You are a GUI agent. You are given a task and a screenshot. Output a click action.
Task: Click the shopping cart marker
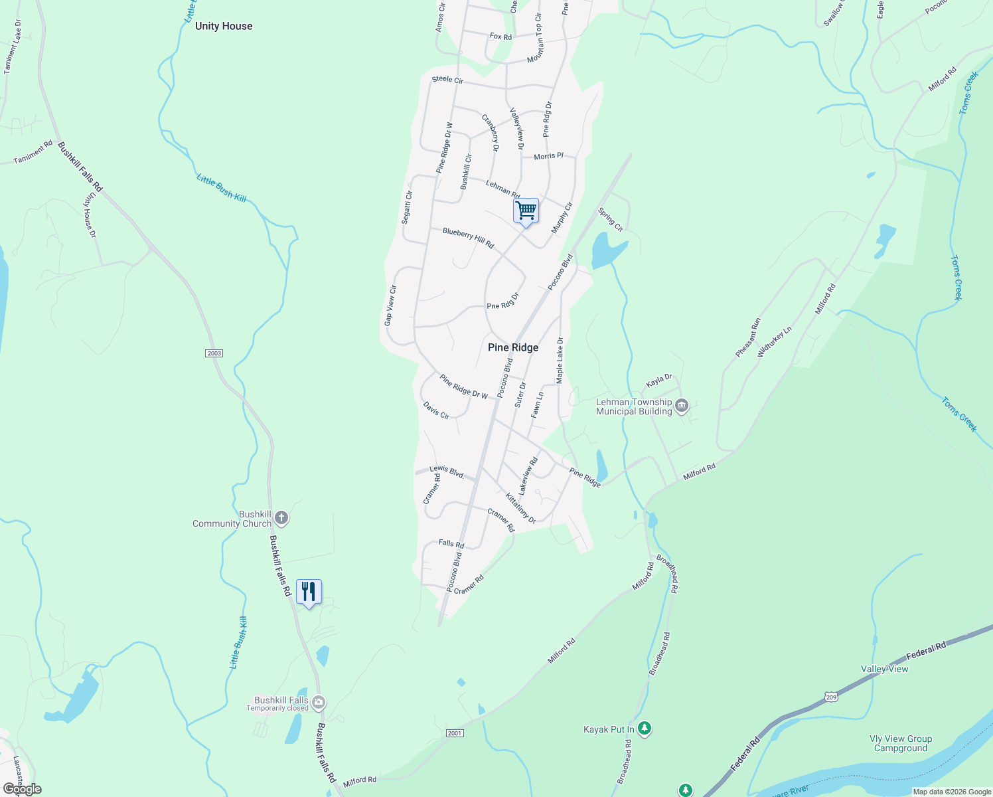click(x=526, y=211)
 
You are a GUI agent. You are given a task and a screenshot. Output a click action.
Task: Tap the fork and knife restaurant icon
click(x=309, y=591)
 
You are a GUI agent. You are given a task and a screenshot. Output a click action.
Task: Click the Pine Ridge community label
click(x=513, y=347)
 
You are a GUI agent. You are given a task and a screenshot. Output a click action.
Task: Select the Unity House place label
click(x=224, y=26)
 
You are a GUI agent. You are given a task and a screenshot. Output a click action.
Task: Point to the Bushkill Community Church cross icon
click(x=281, y=518)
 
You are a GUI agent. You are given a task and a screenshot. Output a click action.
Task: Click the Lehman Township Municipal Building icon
click(x=681, y=406)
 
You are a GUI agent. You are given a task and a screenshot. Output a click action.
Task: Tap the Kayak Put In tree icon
click(x=644, y=729)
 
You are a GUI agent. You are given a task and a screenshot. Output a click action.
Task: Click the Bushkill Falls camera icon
click(x=319, y=702)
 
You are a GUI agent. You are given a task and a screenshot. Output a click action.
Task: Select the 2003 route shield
click(x=214, y=353)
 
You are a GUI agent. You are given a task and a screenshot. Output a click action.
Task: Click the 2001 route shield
click(x=454, y=733)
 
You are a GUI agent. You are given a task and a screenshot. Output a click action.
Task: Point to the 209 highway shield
click(x=831, y=696)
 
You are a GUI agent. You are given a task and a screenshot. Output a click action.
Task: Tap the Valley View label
click(x=884, y=669)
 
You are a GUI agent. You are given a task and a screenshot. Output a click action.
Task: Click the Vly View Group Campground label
click(x=900, y=743)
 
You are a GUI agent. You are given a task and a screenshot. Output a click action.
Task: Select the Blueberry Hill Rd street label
click(x=468, y=238)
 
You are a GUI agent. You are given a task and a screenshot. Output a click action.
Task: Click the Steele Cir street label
click(x=447, y=79)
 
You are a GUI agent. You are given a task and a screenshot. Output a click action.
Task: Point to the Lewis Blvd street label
click(x=447, y=472)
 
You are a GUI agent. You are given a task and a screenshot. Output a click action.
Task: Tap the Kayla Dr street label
click(x=659, y=381)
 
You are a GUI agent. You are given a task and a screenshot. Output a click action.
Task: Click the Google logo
click(x=22, y=789)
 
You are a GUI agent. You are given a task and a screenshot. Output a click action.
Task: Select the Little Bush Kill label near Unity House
click(x=221, y=188)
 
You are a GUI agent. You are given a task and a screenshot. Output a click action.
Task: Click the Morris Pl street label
click(x=548, y=155)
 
